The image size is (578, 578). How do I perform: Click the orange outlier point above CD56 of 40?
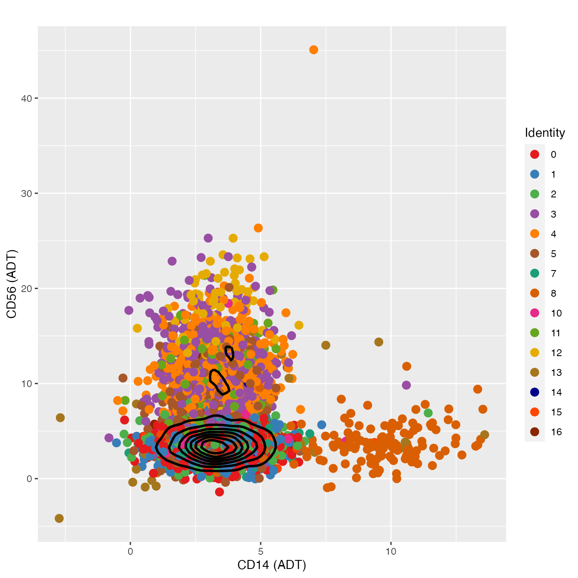[x=314, y=50]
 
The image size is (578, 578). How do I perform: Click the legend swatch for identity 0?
[x=535, y=154]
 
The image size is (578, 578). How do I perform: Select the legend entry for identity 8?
[x=535, y=293]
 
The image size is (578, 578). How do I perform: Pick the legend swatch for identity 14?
[x=535, y=392]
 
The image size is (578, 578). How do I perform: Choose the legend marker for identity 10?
[x=535, y=313]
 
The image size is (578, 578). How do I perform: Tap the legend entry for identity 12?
[x=535, y=353]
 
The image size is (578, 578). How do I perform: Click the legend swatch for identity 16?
[x=535, y=432]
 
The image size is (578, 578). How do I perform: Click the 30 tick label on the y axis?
[x=27, y=194]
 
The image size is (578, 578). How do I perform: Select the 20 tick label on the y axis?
[x=27, y=289]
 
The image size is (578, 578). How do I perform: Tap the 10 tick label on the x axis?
[x=390, y=551]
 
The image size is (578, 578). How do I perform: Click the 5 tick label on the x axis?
[x=261, y=551]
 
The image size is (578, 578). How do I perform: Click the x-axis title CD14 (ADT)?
[x=272, y=565]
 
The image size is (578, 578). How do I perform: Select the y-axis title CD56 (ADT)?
[x=12, y=284]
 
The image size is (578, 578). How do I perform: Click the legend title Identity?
[x=544, y=133]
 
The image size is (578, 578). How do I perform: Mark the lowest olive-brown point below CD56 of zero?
[x=59, y=518]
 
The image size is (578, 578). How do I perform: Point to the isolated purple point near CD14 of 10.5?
[x=406, y=385]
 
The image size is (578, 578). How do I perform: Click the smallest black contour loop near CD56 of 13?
[x=230, y=353]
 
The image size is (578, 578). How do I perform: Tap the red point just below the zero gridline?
[x=219, y=492]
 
